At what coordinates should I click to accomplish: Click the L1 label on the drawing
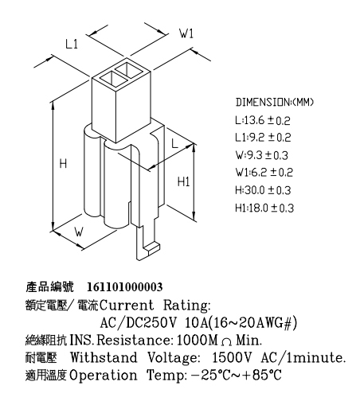pos(72,44)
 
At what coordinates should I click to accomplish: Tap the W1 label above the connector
pos(186,33)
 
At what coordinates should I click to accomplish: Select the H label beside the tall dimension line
pos(63,163)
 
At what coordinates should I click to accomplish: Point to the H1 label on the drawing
pos(183,182)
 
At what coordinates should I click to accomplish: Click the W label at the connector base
pos(79,232)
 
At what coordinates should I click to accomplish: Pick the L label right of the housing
pos(174,143)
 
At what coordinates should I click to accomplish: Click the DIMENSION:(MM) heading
pos(275,102)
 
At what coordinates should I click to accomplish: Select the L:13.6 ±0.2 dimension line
pos(263,120)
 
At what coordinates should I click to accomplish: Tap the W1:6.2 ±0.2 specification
pos(264,173)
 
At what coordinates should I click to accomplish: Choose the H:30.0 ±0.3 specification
pos(263,190)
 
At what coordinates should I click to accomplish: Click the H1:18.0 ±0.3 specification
pos(264,208)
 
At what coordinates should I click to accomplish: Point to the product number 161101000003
pos(125,287)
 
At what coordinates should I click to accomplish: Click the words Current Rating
pos(155,305)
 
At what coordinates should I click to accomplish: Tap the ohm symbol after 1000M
pos(226,342)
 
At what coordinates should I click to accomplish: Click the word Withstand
pos(104,357)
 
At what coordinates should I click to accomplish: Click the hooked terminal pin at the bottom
pos(146,243)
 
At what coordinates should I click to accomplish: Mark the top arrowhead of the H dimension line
pos(53,106)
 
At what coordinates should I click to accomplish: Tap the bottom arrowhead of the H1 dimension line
pos(194,216)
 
